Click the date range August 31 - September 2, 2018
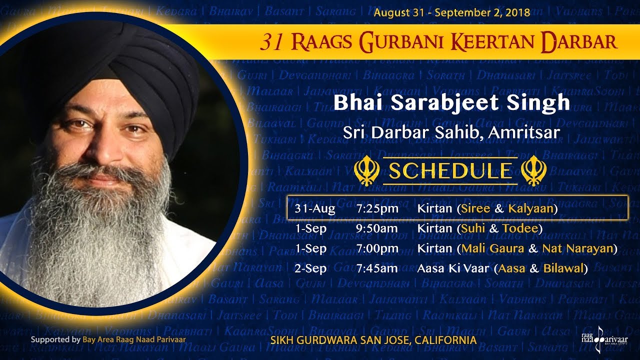tap(451, 12)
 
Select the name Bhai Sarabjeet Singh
tap(451, 103)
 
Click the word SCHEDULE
tap(450, 171)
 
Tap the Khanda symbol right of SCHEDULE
tap(533, 171)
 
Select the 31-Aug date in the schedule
tap(315, 208)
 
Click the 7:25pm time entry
tap(377, 208)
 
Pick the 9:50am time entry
tap(377, 228)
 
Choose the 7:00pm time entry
tap(377, 248)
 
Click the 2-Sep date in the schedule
tap(310, 268)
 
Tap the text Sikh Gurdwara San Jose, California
tap(373, 340)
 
